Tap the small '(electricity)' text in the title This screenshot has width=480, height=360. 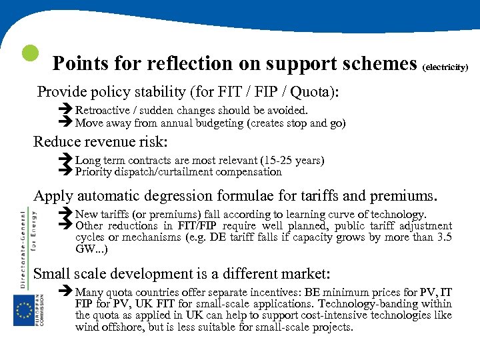[x=446, y=67]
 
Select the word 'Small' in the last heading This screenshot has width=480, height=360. [x=52, y=273]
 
